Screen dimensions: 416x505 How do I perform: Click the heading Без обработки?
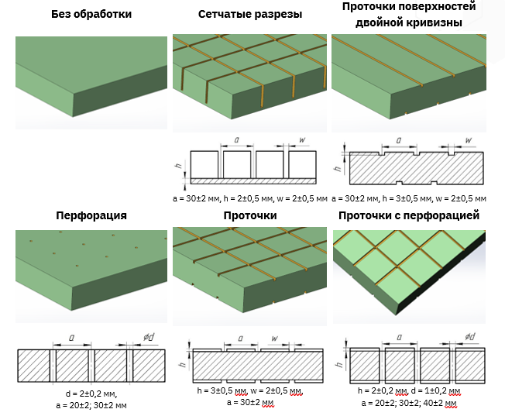point(91,15)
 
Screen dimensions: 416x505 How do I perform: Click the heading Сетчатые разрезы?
point(249,15)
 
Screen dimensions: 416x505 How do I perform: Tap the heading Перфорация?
point(91,215)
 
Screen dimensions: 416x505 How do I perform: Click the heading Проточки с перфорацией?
point(409,215)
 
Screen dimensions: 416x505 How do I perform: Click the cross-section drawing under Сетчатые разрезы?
point(249,165)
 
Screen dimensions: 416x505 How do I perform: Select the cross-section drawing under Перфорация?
point(91,364)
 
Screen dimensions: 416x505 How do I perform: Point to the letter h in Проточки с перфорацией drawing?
point(342,363)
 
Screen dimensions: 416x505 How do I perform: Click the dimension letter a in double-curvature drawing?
point(399,141)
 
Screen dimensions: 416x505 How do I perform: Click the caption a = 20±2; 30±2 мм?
point(91,404)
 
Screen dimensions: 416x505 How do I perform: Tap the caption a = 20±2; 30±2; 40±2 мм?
point(410,403)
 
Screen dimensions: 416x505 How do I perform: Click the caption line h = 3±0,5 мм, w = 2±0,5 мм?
point(249,391)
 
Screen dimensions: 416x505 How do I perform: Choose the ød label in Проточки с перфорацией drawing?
point(470,337)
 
